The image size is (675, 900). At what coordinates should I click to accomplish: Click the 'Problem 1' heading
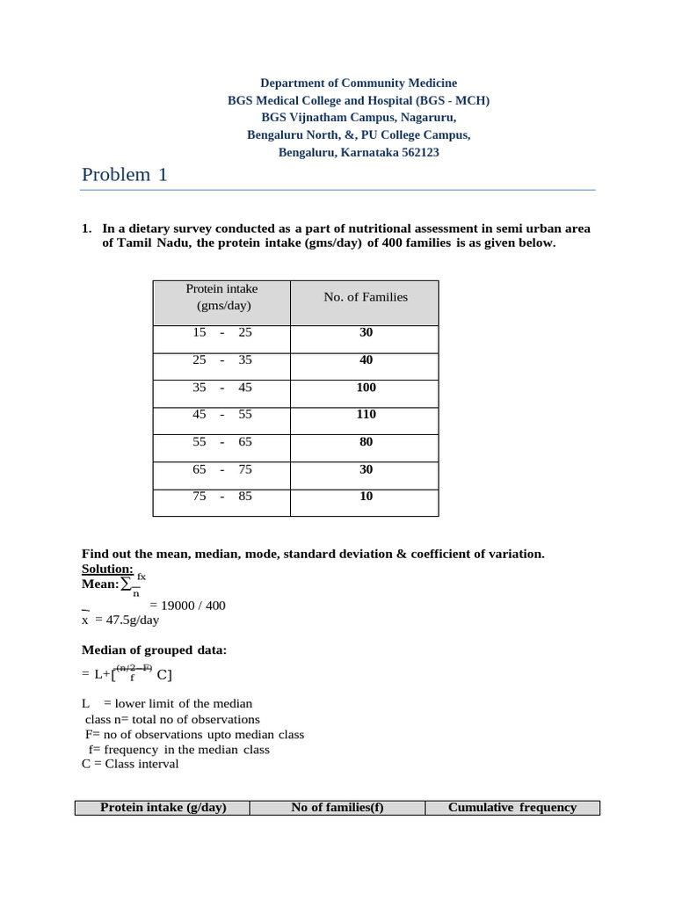coord(124,175)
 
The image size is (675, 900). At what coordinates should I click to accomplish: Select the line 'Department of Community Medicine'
coord(359,83)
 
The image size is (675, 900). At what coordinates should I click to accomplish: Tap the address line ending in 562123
coord(359,152)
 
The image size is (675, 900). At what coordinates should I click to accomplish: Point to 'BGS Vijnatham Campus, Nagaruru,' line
coord(359,117)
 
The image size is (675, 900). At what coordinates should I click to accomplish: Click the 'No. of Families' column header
coord(366,297)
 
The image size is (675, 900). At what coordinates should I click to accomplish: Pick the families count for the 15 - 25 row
coord(366,333)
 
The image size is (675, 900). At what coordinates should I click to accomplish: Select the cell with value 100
coord(366,388)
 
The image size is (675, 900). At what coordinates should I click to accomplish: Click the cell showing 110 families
coord(366,415)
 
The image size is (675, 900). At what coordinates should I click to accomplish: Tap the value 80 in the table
coord(366,442)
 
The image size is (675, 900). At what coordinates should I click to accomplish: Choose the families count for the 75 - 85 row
coord(366,497)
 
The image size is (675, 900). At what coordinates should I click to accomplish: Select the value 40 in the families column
coord(366,360)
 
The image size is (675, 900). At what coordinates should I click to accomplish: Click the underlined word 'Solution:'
coord(107,570)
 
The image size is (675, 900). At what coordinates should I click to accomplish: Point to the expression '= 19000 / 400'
coord(187,606)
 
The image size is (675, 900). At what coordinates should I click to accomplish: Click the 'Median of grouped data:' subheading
coord(154,650)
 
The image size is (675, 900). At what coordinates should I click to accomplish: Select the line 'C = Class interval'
coord(130,764)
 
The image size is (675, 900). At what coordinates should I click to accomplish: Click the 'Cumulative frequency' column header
coord(512,808)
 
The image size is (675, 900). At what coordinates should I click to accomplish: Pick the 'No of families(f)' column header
coord(337,808)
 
